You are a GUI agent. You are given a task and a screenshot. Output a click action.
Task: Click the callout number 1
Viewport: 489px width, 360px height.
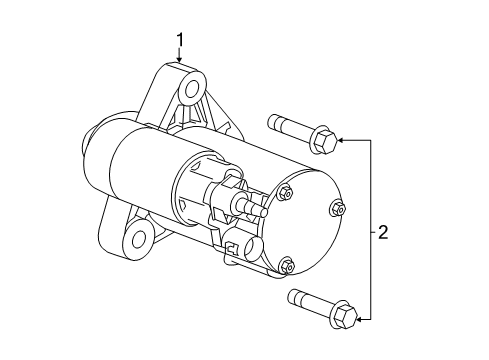tap(180, 41)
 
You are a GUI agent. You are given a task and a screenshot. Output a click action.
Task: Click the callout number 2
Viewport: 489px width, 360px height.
tap(382, 233)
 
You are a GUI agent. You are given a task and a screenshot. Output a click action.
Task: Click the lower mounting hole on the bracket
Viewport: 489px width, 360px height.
tap(137, 240)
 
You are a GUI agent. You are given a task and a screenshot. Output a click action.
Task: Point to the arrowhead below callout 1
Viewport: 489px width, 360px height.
tap(180, 62)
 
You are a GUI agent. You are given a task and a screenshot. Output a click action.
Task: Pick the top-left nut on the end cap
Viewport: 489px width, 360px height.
tap(287, 192)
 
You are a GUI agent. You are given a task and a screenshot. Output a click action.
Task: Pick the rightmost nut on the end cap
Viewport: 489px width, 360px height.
tap(338, 209)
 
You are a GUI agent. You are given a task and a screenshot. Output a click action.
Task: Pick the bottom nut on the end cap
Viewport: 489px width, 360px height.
tap(288, 265)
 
